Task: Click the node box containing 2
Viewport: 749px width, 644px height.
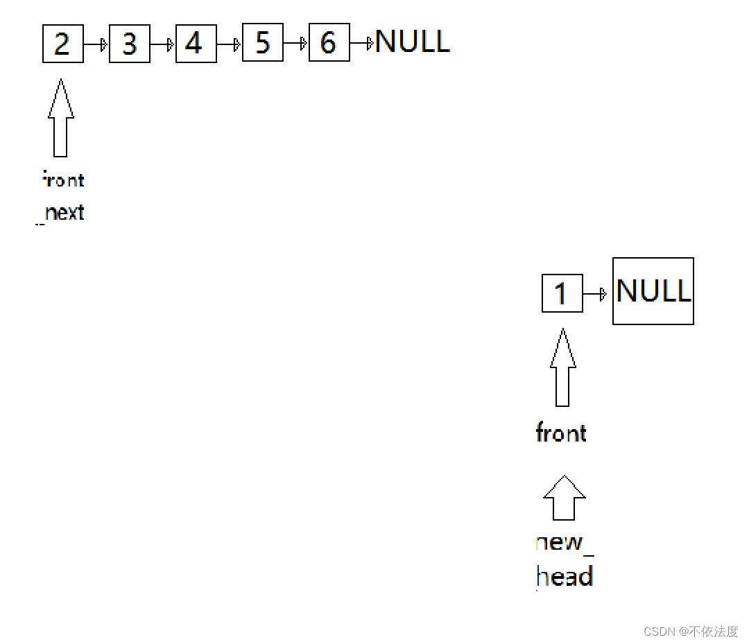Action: pyautogui.click(x=63, y=44)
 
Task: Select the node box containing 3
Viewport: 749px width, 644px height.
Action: pyautogui.click(x=130, y=44)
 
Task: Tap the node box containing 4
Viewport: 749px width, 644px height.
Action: pyautogui.click(x=196, y=44)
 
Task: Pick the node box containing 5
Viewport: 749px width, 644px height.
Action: pyautogui.click(x=263, y=43)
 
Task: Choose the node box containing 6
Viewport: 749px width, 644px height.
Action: pyautogui.click(x=329, y=43)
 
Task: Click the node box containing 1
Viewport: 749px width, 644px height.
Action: pyautogui.click(x=562, y=293)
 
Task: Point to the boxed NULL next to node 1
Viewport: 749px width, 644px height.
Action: pyautogui.click(x=653, y=291)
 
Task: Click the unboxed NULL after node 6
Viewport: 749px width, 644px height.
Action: pyautogui.click(x=413, y=42)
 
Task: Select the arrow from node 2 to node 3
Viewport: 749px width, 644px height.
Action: pyautogui.click(x=96, y=44)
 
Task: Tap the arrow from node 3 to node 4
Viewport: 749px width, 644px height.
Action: pyautogui.click(x=163, y=44)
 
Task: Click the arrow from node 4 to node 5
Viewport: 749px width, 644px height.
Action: pyautogui.click(x=230, y=44)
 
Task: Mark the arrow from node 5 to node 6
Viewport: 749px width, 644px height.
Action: pyautogui.click(x=296, y=44)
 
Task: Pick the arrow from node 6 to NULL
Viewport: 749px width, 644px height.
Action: pyautogui.click(x=362, y=44)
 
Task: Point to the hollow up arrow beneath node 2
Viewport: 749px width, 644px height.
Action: pyautogui.click(x=61, y=118)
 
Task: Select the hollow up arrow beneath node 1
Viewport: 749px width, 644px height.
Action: pyautogui.click(x=562, y=367)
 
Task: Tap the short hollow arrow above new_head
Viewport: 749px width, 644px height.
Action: pyautogui.click(x=564, y=498)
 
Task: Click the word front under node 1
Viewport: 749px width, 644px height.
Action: pyautogui.click(x=561, y=433)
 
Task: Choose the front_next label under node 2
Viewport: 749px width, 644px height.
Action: pyautogui.click(x=62, y=197)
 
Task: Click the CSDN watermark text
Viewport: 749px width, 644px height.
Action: pyautogui.click(x=691, y=632)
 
